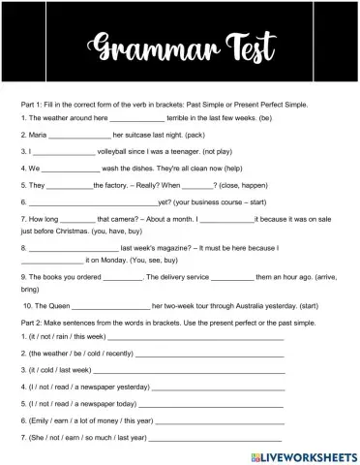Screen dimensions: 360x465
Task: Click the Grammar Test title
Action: [x=179, y=44]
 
